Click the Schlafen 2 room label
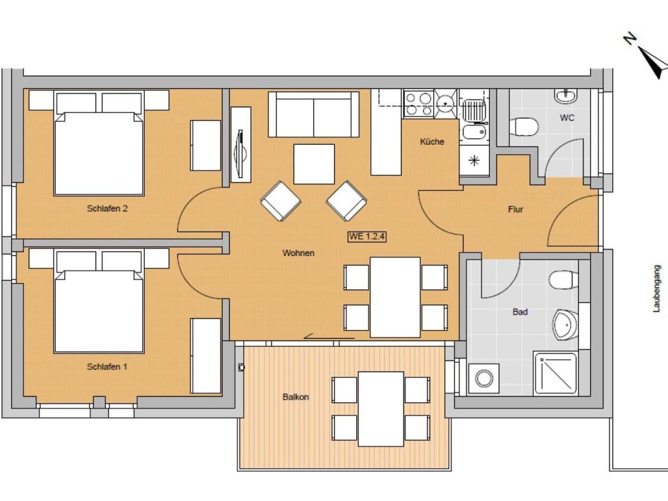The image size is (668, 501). pos(107,209)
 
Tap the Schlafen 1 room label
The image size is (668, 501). pos(107,367)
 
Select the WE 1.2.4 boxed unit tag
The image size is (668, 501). pos(367,237)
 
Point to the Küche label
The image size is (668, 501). pos(432,141)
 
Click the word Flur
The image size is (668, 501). pos(515,209)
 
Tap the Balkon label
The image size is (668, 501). pos(296,397)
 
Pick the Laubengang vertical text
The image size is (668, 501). pos(656,289)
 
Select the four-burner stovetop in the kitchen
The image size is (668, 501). pos(419,104)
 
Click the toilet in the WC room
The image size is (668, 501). pos(524,126)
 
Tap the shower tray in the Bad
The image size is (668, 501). pos(556,374)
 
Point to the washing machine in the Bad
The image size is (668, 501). pos(484,379)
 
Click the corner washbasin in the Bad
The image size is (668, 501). pos(564,325)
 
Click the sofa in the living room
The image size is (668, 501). pos(314,115)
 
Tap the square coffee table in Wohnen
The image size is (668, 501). pos(314,164)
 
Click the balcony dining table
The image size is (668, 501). pos(381,409)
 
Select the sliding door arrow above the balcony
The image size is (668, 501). pos(330,337)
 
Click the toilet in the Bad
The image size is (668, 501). pos(563,279)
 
